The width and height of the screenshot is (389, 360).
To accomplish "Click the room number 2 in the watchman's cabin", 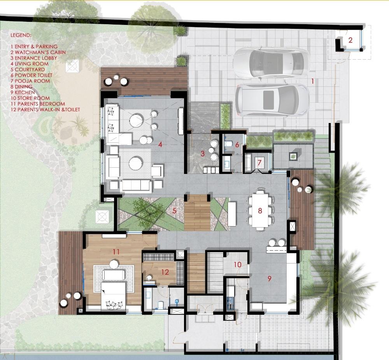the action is click(x=350, y=40).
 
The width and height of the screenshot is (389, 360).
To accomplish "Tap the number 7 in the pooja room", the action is click(x=259, y=163).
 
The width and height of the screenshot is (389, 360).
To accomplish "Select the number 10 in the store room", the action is click(x=237, y=265).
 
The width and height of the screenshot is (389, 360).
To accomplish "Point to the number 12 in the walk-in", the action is click(x=165, y=272).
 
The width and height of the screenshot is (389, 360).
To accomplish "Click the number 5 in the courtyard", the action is click(x=174, y=211).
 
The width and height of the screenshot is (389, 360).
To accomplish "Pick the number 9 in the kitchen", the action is click(x=270, y=279).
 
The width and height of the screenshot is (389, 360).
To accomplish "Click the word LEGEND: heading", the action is click(x=21, y=35).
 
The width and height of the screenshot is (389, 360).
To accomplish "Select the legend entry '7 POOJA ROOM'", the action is click(x=30, y=81).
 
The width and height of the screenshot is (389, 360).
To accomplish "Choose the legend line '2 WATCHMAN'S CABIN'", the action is click(x=38, y=53).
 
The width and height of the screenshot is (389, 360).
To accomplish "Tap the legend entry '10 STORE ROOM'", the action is click(x=30, y=98).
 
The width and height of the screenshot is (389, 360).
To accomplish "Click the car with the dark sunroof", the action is click(x=272, y=100).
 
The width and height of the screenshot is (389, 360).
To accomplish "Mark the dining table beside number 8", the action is click(x=260, y=211).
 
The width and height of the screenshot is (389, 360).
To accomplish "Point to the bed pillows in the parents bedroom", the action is click(x=114, y=305).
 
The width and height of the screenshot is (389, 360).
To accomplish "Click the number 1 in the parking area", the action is click(x=313, y=81).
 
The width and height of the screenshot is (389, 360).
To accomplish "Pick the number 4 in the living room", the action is click(x=160, y=144).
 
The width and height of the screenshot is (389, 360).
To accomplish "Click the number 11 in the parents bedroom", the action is click(x=116, y=252).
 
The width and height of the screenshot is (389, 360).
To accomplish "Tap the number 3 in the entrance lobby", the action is click(x=202, y=154).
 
